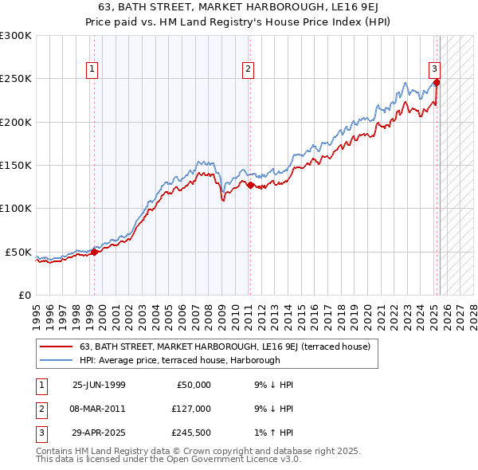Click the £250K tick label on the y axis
click(x=16, y=79)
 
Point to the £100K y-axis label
click(x=16, y=208)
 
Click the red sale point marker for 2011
click(x=250, y=185)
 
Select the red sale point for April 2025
click(x=437, y=82)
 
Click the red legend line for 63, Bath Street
click(x=56, y=347)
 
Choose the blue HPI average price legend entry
click(x=56, y=360)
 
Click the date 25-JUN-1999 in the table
click(x=99, y=384)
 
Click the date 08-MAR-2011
click(x=99, y=409)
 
